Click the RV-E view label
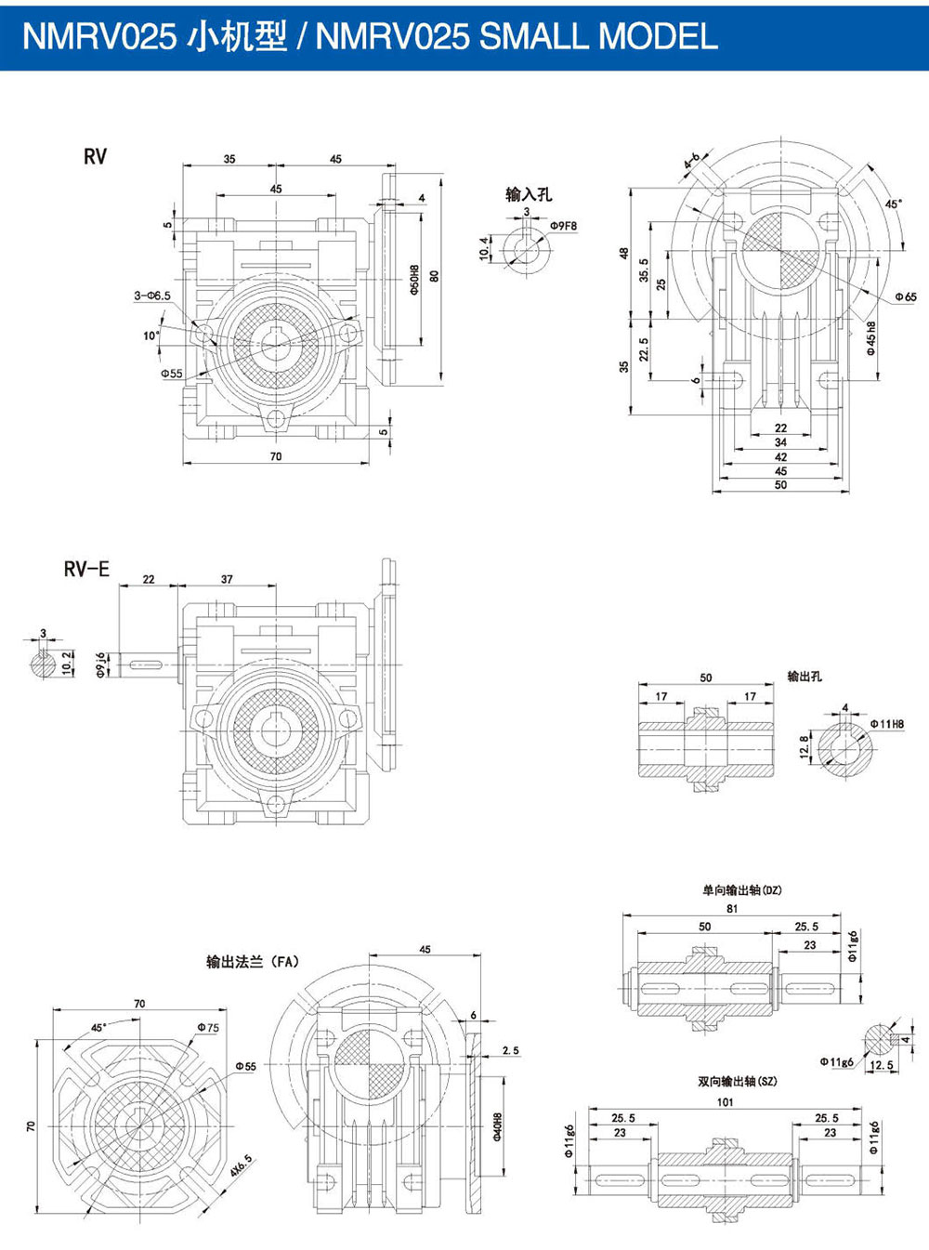(x=86, y=569)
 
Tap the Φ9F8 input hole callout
(x=563, y=226)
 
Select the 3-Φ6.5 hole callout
(x=151, y=296)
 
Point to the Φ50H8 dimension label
(x=414, y=280)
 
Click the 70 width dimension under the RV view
(x=275, y=456)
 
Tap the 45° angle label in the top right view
(x=893, y=203)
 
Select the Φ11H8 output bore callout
(x=887, y=724)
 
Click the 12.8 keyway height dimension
(x=805, y=746)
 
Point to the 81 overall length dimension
(x=732, y=908)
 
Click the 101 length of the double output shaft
(x=725, y=1102)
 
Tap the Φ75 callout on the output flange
(x=207, y=1027)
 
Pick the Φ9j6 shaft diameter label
(x=101, y=664)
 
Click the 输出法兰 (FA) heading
(x=253, y=962)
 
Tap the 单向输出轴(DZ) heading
(x=741, y=889)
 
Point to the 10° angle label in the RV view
(x=151, y=336)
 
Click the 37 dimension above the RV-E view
(x=228, y=579)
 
